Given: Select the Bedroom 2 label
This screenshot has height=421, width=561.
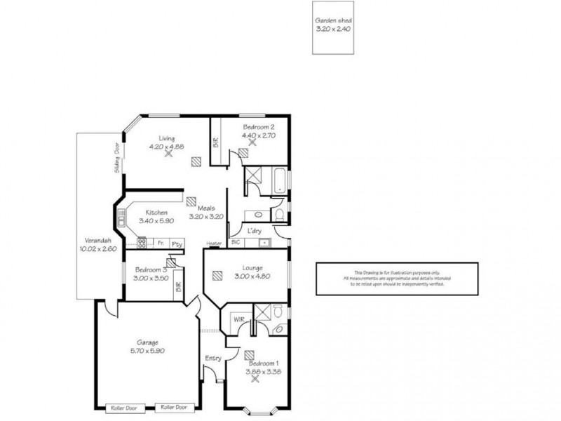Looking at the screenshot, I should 253,127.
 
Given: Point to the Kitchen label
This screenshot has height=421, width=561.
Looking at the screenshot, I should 156,212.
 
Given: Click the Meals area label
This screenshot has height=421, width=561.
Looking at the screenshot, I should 205,208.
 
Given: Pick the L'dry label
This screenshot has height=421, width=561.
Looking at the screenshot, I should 255,229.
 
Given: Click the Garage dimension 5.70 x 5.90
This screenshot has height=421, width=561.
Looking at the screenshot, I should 147,351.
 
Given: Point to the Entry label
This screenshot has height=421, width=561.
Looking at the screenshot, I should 212,359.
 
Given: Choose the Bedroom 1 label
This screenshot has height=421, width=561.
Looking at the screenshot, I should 263,363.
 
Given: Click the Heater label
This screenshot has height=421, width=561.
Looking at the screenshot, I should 214,243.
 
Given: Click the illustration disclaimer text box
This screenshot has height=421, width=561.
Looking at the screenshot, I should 396,279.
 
